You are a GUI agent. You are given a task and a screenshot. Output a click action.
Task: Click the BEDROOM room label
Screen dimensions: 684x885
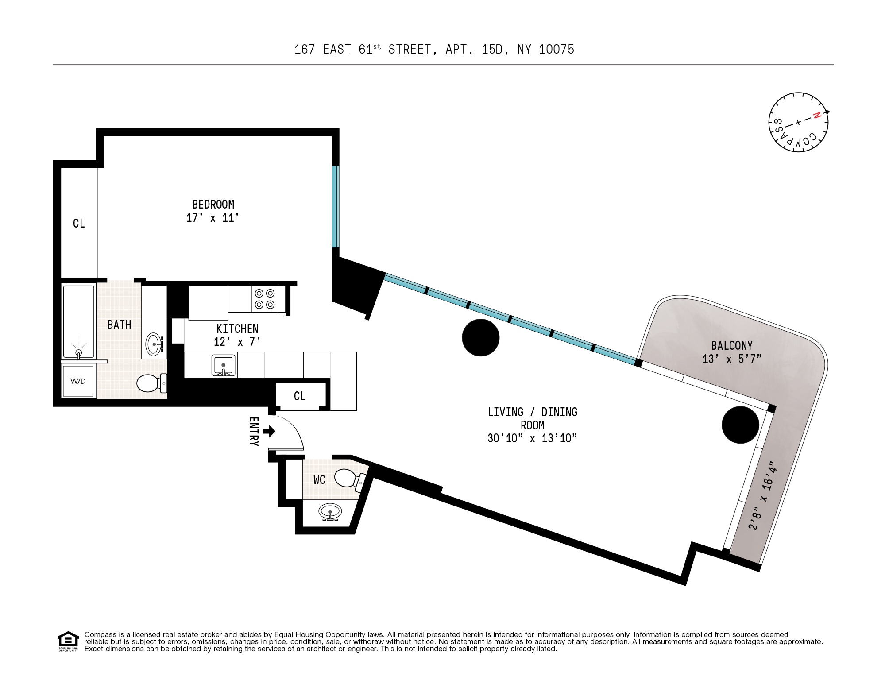tap(213, 205)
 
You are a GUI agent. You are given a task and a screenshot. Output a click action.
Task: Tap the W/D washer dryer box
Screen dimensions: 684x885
tap(78, 381)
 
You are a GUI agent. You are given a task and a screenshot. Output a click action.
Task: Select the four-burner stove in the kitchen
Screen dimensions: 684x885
tap(265, 299)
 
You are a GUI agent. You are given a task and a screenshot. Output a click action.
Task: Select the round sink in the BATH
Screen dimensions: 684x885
tap(154, 344)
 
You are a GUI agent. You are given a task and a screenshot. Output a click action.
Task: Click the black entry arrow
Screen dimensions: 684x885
tap(269, 431)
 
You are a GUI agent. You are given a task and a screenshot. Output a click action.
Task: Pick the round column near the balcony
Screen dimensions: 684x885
tap(740, 425)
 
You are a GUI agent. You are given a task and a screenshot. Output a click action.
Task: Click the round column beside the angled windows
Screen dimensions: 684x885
tap(480, 337)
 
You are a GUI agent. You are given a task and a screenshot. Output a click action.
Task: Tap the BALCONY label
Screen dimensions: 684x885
tap(732, 346)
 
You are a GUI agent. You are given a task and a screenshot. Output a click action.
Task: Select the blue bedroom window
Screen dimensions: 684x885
tap(336, 207)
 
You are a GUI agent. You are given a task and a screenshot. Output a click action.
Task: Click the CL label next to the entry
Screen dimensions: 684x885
tap(300, 396)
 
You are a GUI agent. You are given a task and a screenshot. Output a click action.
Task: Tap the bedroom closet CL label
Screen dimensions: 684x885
tap(79, 224)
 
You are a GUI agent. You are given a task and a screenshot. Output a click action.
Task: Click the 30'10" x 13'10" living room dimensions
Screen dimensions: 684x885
tap(532, 438)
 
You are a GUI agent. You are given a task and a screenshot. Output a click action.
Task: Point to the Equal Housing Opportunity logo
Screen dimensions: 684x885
tap(68, 641)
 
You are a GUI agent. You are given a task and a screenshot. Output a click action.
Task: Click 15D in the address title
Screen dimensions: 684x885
tap(492, 49)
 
